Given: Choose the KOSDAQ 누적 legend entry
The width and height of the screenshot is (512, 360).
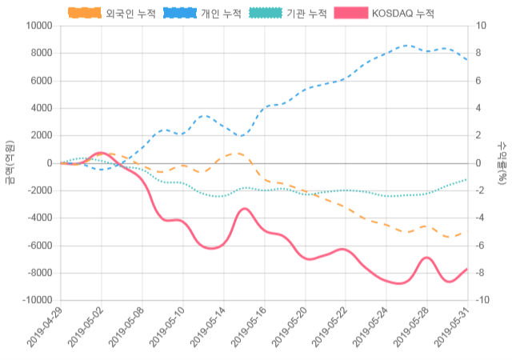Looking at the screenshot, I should click(403, 14).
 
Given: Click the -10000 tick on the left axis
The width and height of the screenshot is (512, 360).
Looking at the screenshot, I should click(34, 300).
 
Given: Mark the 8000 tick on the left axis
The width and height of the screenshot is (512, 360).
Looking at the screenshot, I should click(39, 53).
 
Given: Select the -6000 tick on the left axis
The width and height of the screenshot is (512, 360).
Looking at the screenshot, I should click(37, 246).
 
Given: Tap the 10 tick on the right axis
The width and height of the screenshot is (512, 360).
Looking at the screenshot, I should click(481, 26).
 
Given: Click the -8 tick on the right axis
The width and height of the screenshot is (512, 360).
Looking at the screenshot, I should click(480, 273).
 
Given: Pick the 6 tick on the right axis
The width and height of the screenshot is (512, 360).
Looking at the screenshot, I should click(478, 81).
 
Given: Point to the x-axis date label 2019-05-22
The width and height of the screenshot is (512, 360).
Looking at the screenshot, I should click(332, 327).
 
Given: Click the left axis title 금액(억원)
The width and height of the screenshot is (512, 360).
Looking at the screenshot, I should click(10, 162).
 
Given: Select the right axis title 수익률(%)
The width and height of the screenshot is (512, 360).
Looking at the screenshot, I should click(502, 162).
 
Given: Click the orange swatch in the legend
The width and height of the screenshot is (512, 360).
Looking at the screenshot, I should click(85, 14).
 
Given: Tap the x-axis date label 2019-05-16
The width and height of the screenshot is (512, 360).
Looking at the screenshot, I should click(250, 327).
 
